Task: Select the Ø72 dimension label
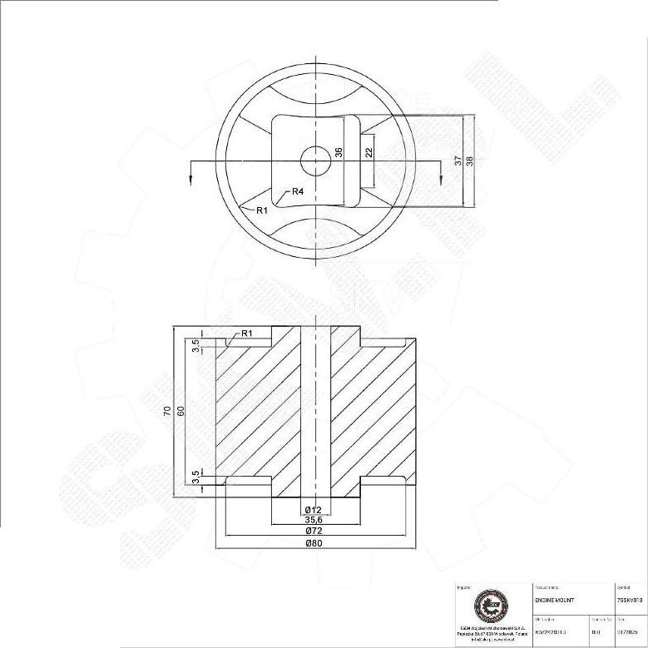pyautogui.click(x=314, y=530)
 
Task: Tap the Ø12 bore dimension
pyautogui.click(x=314, y=508)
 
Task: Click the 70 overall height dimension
pyautogui.click(x=168, y=412)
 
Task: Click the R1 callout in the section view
pyautogui.click(x=246, y=334)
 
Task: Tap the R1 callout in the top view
pyautogui.click(x=261, y=210)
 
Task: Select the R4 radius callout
pyautogui.click(x=298, y=192)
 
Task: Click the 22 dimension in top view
pyautogui.click(x=368, y=152)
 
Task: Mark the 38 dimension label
pyautogui.click(x=470, y=161)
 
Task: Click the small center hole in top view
pyautogui.click(x=315, y=161)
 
